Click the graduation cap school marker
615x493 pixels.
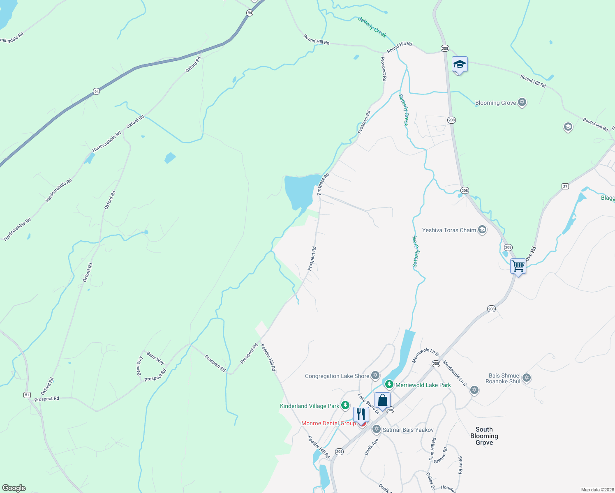[460, 65]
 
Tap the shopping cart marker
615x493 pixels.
[518, 266]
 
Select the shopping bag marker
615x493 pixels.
[382, 401]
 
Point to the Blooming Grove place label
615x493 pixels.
[495, 103]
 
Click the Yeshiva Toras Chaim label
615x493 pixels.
[449, 230]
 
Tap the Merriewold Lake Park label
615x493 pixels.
[423, 385]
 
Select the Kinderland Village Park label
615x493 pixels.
[310, 406]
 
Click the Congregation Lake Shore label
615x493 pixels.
[337, 376]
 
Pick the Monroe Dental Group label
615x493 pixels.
[328, 423]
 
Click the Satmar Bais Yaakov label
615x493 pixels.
[408, 430]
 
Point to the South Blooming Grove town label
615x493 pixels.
[484, 436]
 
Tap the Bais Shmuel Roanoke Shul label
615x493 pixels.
[504, 378]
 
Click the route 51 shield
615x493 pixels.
[27, 395]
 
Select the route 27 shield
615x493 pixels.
[565, 187]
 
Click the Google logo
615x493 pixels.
[14, 488]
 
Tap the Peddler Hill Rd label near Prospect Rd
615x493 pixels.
[268, 357]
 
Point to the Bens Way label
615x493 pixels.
[155, 358]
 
